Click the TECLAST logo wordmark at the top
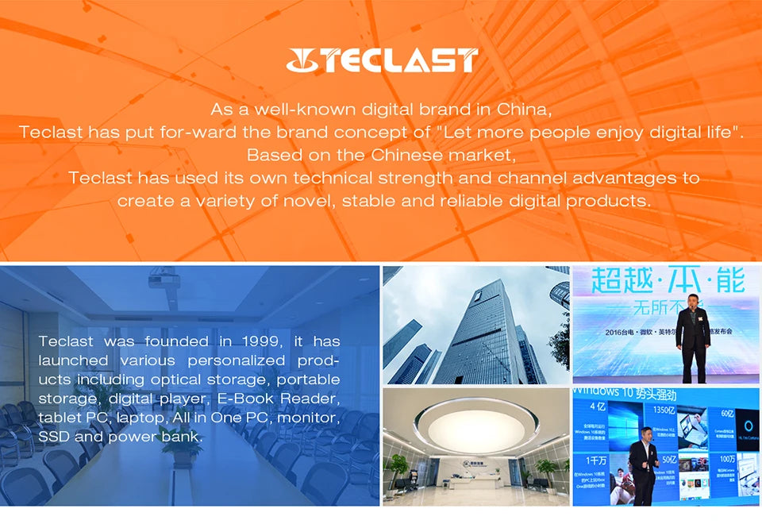coord(402,60)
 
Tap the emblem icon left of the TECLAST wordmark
coord(303,60)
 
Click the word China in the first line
coord(524,109)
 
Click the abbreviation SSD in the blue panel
coord(53,437)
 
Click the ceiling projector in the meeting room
coord(163,279)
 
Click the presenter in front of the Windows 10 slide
coord(643,464)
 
